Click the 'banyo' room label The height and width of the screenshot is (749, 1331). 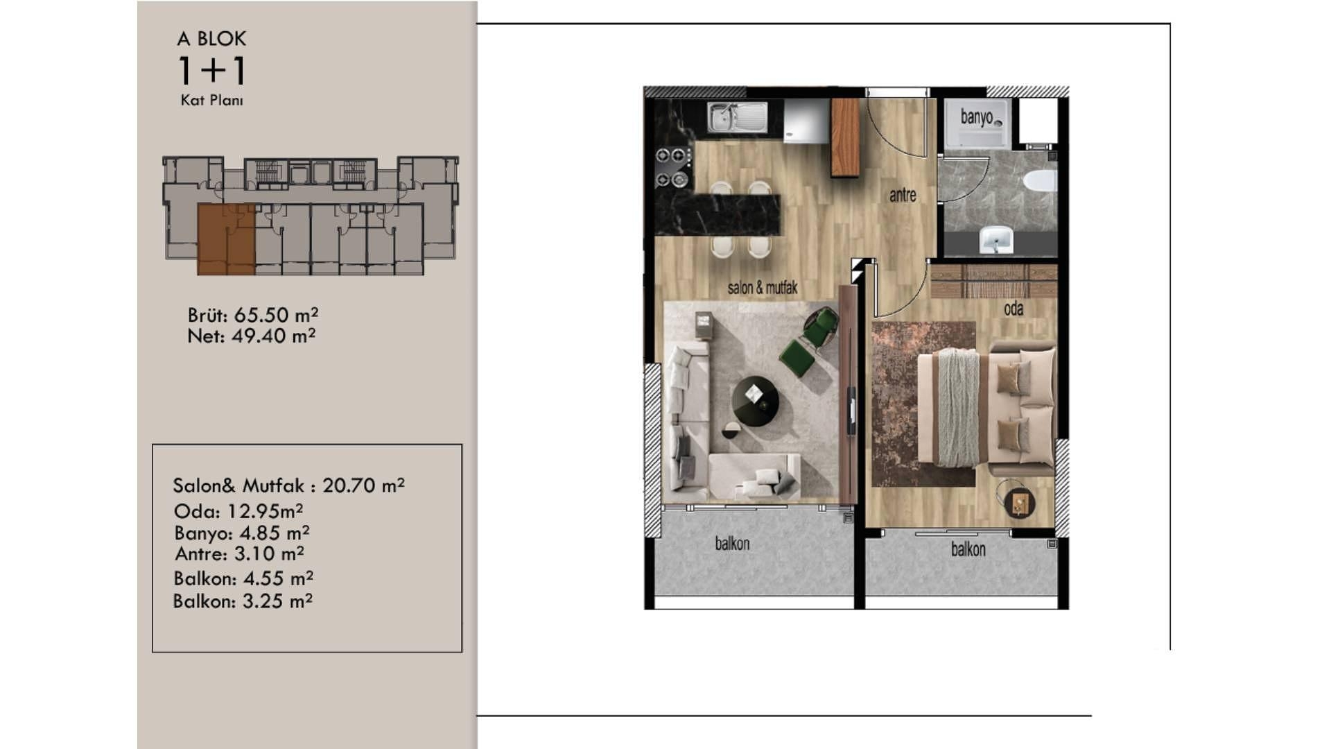click(976, 117)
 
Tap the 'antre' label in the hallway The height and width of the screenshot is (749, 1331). click(903, 196)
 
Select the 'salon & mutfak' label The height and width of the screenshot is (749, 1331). click(763, 288)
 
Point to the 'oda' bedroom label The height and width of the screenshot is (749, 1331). click(1014, 309)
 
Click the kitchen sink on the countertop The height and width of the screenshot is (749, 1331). click(738, 117)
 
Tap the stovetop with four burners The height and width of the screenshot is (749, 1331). click(673, 167)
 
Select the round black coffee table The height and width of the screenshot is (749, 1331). click(755, 399)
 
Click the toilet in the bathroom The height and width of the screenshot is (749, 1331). click(1039, 181)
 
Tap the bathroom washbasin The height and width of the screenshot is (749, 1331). click(996, 239)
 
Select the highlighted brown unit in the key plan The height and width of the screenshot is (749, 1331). click(226, 239)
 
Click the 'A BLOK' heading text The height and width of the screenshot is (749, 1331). click(211, 39)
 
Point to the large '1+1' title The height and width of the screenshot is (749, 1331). click(212, 70)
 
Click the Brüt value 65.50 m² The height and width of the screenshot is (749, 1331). click(276, 315)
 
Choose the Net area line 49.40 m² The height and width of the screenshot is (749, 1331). click(252, 336)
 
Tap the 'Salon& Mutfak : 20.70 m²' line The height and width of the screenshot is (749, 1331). click(288, 485)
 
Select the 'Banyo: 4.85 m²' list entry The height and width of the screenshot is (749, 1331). click(242, 533)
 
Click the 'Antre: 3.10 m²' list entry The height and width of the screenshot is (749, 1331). click(239, 553)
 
